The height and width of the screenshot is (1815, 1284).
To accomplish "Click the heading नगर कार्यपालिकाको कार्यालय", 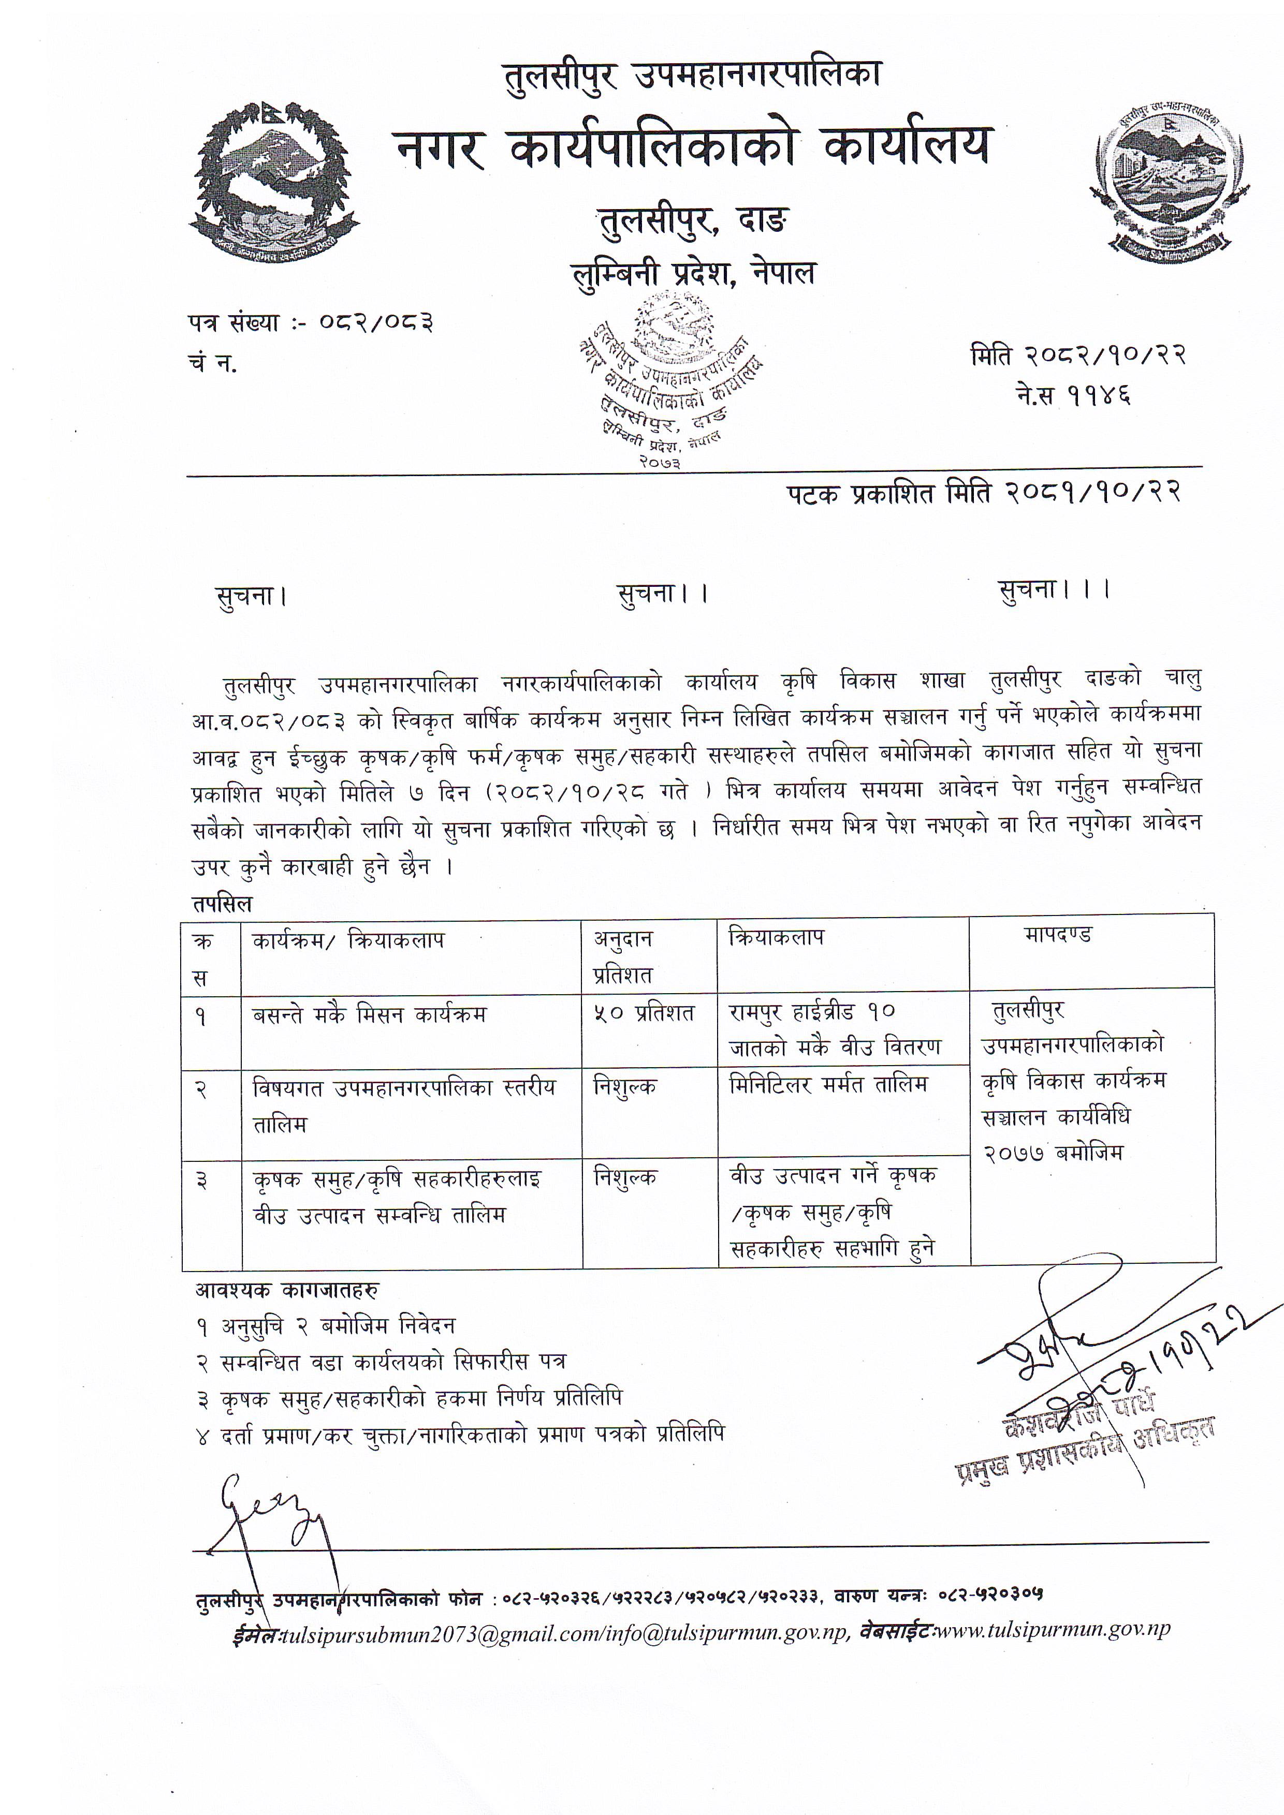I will (x=692, y=147).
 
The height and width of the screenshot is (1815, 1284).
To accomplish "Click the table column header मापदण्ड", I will (x=1058, y=935).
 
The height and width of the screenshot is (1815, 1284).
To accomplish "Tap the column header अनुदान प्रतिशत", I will (x=624, y=956).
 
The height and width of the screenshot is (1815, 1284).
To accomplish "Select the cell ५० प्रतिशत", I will (x=644, y=1013).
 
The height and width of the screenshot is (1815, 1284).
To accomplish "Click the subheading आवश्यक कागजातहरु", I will (x=287, y=1290).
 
